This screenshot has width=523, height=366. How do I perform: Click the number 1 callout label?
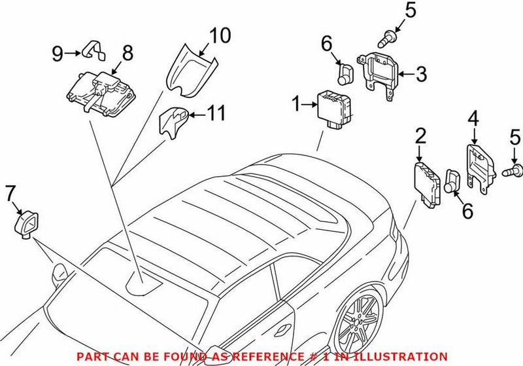[295, 103]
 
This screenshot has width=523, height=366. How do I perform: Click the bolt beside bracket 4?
[515, 171]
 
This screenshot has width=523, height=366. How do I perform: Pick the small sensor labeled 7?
[25, 223]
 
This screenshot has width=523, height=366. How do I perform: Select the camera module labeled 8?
[95, 86]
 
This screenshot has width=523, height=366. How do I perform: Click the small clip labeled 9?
[91, 50]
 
